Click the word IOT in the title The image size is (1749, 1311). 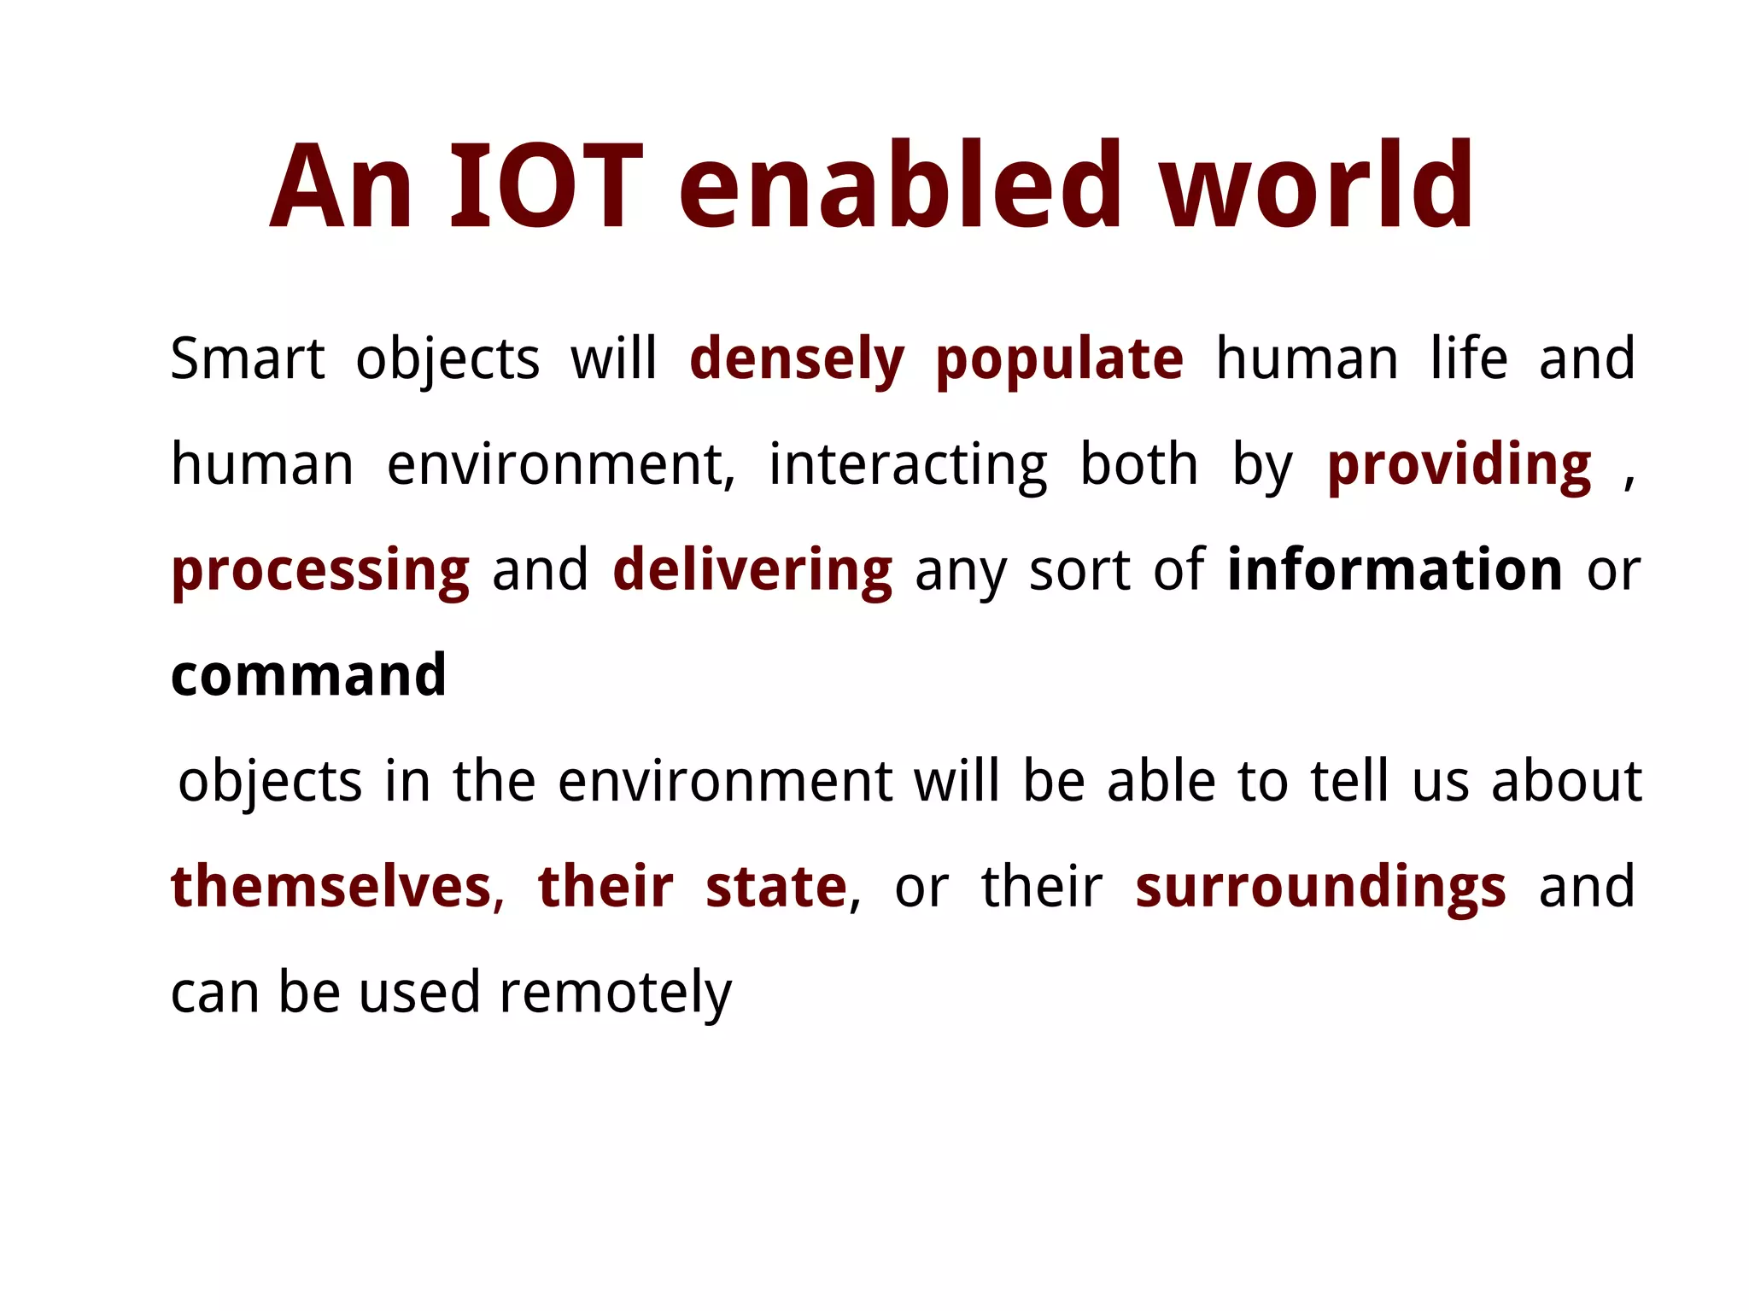[x=546, y=186]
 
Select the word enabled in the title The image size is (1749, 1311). [x=899, y=186]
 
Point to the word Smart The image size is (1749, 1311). [x=247, y=358]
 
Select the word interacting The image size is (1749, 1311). [x=908, y=466]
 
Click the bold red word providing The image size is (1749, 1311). [x=1459, y=466]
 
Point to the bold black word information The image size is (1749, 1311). [x=1395, y=570]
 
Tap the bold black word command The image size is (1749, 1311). [x=308, y=676]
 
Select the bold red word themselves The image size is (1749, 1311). [x=331, y=887]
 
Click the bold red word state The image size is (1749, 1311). [x=775, y=887]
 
